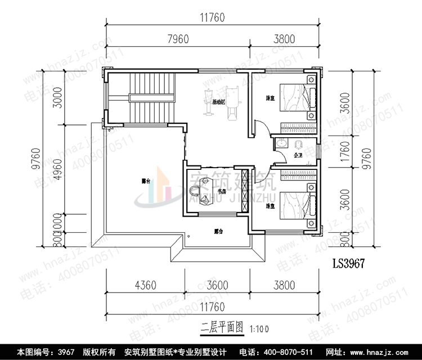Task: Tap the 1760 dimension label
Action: pos(345,153)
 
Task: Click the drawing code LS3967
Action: pos(347,263)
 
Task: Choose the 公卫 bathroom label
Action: pos(298,155)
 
